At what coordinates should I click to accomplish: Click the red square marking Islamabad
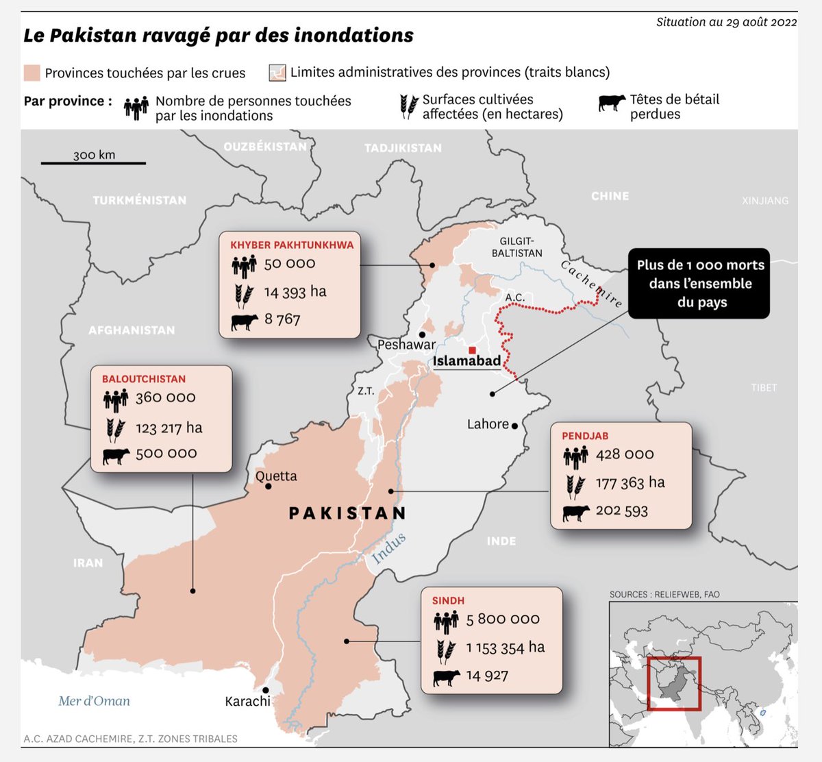[x=472, y=350]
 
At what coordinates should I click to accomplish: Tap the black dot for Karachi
[x=266, y=690]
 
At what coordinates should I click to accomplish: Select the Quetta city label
[x=276, y=476]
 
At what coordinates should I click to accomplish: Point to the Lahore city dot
[x=514, y=426]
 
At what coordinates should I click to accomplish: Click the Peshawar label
[x=406, y=345]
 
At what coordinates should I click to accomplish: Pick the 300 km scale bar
[x=93, y=163]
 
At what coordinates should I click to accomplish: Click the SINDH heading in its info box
[x=448, y=601]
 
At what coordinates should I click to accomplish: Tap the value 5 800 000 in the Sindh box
[x=503, y=619]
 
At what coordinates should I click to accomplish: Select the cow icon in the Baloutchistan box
[x=116, y=455]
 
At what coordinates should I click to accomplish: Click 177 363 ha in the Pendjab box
[x=630, y=483]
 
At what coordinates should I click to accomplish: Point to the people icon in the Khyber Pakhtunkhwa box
[x=244, y=265]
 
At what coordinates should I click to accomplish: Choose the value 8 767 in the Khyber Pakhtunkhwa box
[x=282, y=319]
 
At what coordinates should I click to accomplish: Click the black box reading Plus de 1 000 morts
[x=699, y=284]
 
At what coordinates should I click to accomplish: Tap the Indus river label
[x=388, y=548]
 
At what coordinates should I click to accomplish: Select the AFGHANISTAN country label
[x=132, y=330]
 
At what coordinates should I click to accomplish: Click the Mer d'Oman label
[x=94, y=701]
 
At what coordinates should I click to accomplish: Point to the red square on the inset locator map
[x=674, y=683]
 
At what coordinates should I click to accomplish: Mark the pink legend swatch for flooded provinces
[x=32, y=73]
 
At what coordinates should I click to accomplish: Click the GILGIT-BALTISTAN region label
[x=516, y=247]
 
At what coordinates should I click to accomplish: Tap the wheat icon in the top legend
[x=409, y=107]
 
